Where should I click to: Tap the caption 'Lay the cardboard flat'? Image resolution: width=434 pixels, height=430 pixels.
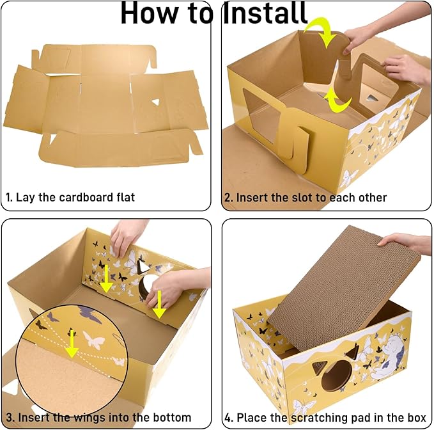pos(75,197)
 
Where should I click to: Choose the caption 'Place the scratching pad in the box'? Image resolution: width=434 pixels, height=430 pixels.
pos(325,417)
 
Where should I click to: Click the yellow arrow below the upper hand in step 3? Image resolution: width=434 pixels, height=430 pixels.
pos(106,282)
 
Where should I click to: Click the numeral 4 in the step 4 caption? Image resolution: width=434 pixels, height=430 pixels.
pos(229,417)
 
